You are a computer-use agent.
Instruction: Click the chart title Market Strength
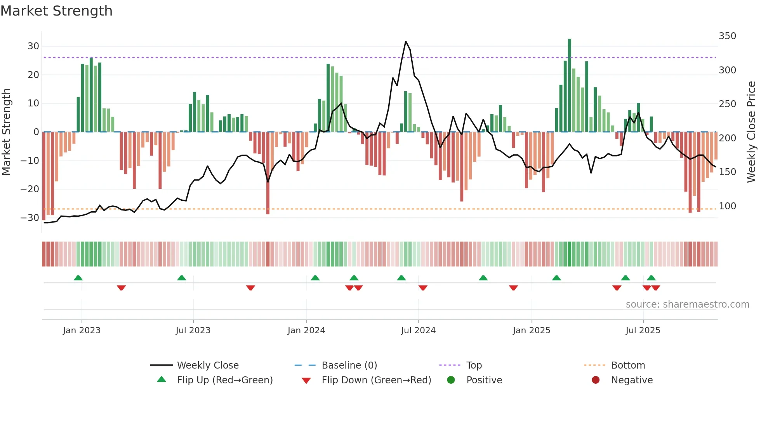point(56,11)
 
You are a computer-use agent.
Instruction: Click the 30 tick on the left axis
point(33,46)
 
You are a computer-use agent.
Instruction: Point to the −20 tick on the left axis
point(30,189)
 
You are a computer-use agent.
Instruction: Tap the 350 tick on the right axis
point(727,36)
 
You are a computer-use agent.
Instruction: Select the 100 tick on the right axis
point(727,206)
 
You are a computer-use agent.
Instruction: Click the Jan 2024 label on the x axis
point(306,331)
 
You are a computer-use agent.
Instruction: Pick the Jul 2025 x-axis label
point(643,331)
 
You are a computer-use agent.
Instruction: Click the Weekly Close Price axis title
point(751,132)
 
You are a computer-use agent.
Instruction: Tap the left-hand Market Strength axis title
point(6,132)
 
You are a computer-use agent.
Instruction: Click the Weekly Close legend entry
point(208,365)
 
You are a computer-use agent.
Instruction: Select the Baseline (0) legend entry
point(349,365)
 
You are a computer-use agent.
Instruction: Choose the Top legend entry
point(474,365)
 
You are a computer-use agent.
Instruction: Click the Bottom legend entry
point(628,365)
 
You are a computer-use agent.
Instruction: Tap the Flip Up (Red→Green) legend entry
point(225,380)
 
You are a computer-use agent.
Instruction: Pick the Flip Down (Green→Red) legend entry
point(376,380)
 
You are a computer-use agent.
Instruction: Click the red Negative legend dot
point(596,380)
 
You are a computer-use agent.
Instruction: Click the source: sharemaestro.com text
point(687,304)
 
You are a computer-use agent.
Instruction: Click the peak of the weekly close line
point(406,42)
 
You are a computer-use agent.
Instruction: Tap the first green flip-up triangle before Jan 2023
point(78,278)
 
